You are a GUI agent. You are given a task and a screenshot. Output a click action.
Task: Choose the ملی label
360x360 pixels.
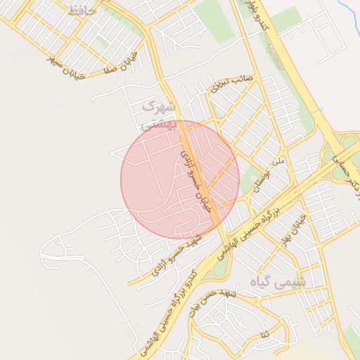[279, 162]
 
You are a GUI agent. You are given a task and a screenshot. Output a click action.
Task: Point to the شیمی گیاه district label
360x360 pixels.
[281, 282]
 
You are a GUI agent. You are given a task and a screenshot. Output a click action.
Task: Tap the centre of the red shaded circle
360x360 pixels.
[180, 180]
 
